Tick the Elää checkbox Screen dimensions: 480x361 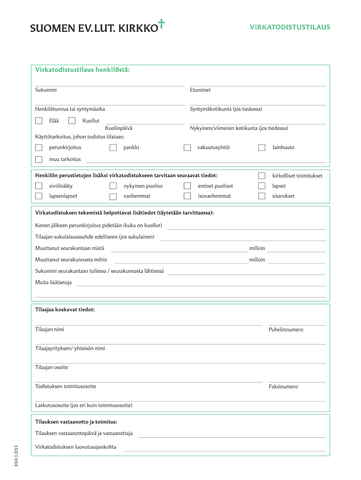click(39, 121)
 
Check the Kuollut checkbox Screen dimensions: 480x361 click(72, 121)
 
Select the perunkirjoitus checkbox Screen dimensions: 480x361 click(39, 148)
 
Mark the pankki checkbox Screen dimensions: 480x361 click(113, 148)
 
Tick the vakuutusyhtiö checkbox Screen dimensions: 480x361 click(188, 148)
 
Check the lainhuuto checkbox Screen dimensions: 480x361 click(262, 148)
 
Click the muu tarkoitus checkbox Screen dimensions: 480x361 click(39, 159)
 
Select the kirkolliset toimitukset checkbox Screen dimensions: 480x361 click(262, 176)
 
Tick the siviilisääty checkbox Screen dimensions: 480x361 click(39, 186)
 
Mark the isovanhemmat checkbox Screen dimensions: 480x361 click(188, 196)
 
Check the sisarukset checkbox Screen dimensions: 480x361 click(262, 196)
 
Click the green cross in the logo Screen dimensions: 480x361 click(162, 24)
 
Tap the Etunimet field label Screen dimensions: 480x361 click(200, 90)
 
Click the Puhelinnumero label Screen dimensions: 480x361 click(286, 330)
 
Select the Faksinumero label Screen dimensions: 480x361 click(283, 387)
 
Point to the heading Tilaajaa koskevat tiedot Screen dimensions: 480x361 click(65, 310)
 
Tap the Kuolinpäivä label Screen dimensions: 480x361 click(119, 128)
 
